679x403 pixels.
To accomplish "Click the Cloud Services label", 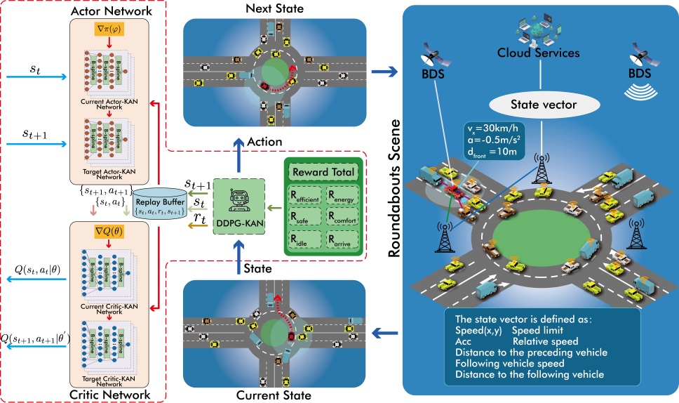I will (x=538, y=53).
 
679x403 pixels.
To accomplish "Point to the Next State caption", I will (x=274, y=8).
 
